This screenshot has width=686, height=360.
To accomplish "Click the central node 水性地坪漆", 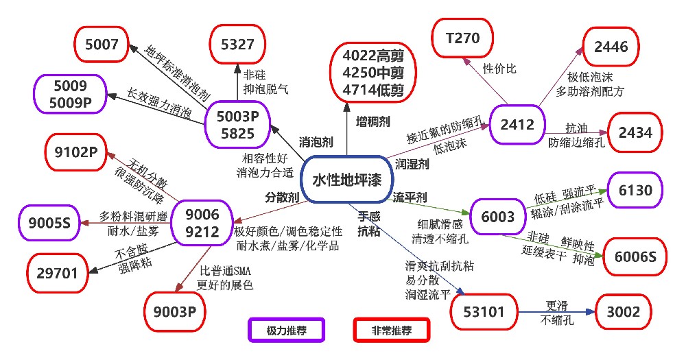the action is tap(346, 180).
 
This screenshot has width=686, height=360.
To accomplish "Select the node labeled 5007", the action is tap(102, 44).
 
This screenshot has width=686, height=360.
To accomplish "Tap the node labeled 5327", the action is tap(237, 44).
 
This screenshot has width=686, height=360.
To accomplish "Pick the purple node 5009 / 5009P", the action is tap(71, 94).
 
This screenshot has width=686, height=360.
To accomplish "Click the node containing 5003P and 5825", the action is tap(237, 125).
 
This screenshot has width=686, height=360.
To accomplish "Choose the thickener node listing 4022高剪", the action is tap(373, 73).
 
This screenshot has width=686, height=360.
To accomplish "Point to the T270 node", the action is tap(462, 38).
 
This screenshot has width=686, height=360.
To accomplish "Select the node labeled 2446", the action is tap(611, 47).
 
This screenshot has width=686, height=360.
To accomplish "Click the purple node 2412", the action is tap(517, 125).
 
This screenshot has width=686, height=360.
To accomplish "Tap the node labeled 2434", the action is tap(635, 132).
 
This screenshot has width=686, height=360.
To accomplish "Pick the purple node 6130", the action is tap(635, 190).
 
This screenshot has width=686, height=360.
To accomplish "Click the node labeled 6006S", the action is tap(635, 256).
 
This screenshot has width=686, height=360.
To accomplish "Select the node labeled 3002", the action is tap(624, 312).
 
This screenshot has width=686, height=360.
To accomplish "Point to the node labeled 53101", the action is tap(484, 312).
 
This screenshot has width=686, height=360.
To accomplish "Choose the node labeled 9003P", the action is tap(174, 312).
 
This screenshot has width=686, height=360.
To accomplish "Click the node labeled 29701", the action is tap(58, 274).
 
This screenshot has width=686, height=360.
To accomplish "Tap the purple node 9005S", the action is tap(49, 223).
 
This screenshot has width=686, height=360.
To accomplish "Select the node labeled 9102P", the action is tap(76, 152).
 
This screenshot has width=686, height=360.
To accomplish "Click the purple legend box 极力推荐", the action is tap(287, 331).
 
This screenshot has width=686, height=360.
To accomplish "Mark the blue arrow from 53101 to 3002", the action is tap(556, 312).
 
